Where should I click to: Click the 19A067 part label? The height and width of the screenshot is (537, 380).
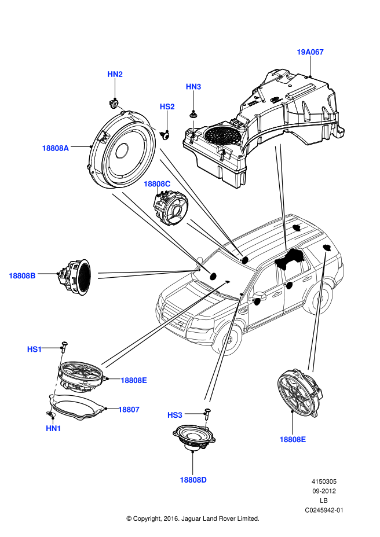pos(310,52)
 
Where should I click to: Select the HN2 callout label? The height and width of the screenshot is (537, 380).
pos(115,75)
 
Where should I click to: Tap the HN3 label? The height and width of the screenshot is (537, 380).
pos(193,87)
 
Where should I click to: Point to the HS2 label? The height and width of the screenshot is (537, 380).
pos(167,107)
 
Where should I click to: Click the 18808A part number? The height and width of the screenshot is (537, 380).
pos(55,148)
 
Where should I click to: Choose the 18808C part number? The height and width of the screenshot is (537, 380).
pos(157,184)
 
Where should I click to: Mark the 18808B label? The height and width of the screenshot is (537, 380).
pos(22,276)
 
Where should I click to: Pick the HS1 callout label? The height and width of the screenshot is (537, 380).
pos(34,350)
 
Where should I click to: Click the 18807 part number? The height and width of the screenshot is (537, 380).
pos(129,410)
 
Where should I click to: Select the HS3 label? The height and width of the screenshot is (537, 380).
pos(174,415)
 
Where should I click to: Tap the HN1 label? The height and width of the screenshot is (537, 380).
pos(53,429)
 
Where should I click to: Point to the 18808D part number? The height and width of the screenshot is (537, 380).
pos(193,480)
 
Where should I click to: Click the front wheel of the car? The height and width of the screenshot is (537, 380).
pos(228,337)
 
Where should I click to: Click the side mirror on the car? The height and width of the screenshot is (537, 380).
pos(254,295)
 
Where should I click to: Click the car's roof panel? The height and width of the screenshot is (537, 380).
pos(272,237)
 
